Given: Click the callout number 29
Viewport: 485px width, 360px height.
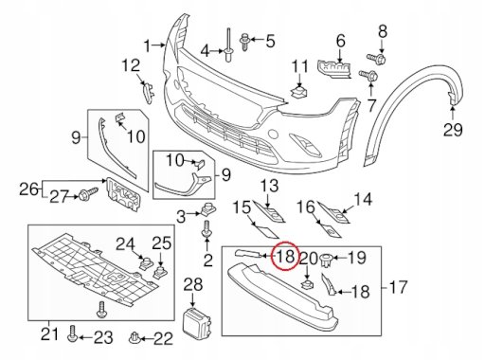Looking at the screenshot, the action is click(453, 130).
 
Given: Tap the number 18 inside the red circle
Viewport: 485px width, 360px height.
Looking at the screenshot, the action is click(286, 255).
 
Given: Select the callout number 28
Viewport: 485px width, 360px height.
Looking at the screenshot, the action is click(193, 284).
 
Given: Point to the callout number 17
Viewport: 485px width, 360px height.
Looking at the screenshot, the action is click(399, 287).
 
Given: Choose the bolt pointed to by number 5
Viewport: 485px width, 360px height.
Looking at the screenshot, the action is click(244, 42).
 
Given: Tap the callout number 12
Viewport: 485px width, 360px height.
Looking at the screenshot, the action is click(131, 65).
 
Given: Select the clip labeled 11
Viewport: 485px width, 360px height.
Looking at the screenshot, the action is click(298, 92).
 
